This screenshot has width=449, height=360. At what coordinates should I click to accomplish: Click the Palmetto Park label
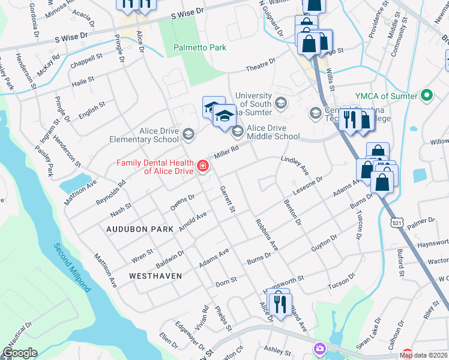pyautogui.click(x=199, y=47)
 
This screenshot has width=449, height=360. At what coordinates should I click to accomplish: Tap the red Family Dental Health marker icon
pyautogui.click(x=203, y=166)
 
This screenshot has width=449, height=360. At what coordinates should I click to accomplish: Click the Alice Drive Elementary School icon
pyautogui.click(x=188, y=133)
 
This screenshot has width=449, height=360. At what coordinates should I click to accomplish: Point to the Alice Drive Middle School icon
pyautogui.click(x=238, y=130)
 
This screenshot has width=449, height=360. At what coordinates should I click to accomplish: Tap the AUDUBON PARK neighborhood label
pyautogui.click(x=139, y=229)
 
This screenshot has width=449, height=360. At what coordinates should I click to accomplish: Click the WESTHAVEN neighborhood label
pyautogui.click(x=155, y=275)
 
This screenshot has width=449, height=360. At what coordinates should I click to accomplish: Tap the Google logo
pyautogui.click(x=20, y=353)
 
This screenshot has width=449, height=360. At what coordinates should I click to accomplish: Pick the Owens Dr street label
pyautogui.click(x=182, y=202)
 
